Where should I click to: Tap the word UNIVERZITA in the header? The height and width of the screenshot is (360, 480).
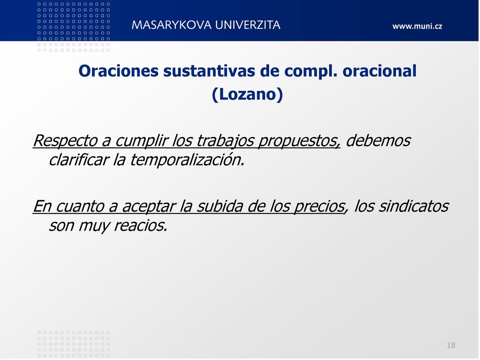coord(247,25)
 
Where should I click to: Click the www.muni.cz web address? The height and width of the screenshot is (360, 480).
coord(417,26)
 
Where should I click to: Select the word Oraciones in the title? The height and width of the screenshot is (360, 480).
coord(119,71)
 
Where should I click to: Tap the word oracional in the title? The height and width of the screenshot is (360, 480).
coord(380,71)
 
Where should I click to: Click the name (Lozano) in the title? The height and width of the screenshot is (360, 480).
coord(247,94)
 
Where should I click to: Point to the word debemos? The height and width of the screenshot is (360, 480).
coord(378,141)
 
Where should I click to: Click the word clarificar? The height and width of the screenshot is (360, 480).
coord(79,160)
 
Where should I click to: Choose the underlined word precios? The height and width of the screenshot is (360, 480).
coord(320,207)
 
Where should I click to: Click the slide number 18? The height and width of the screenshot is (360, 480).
coord(451,345)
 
